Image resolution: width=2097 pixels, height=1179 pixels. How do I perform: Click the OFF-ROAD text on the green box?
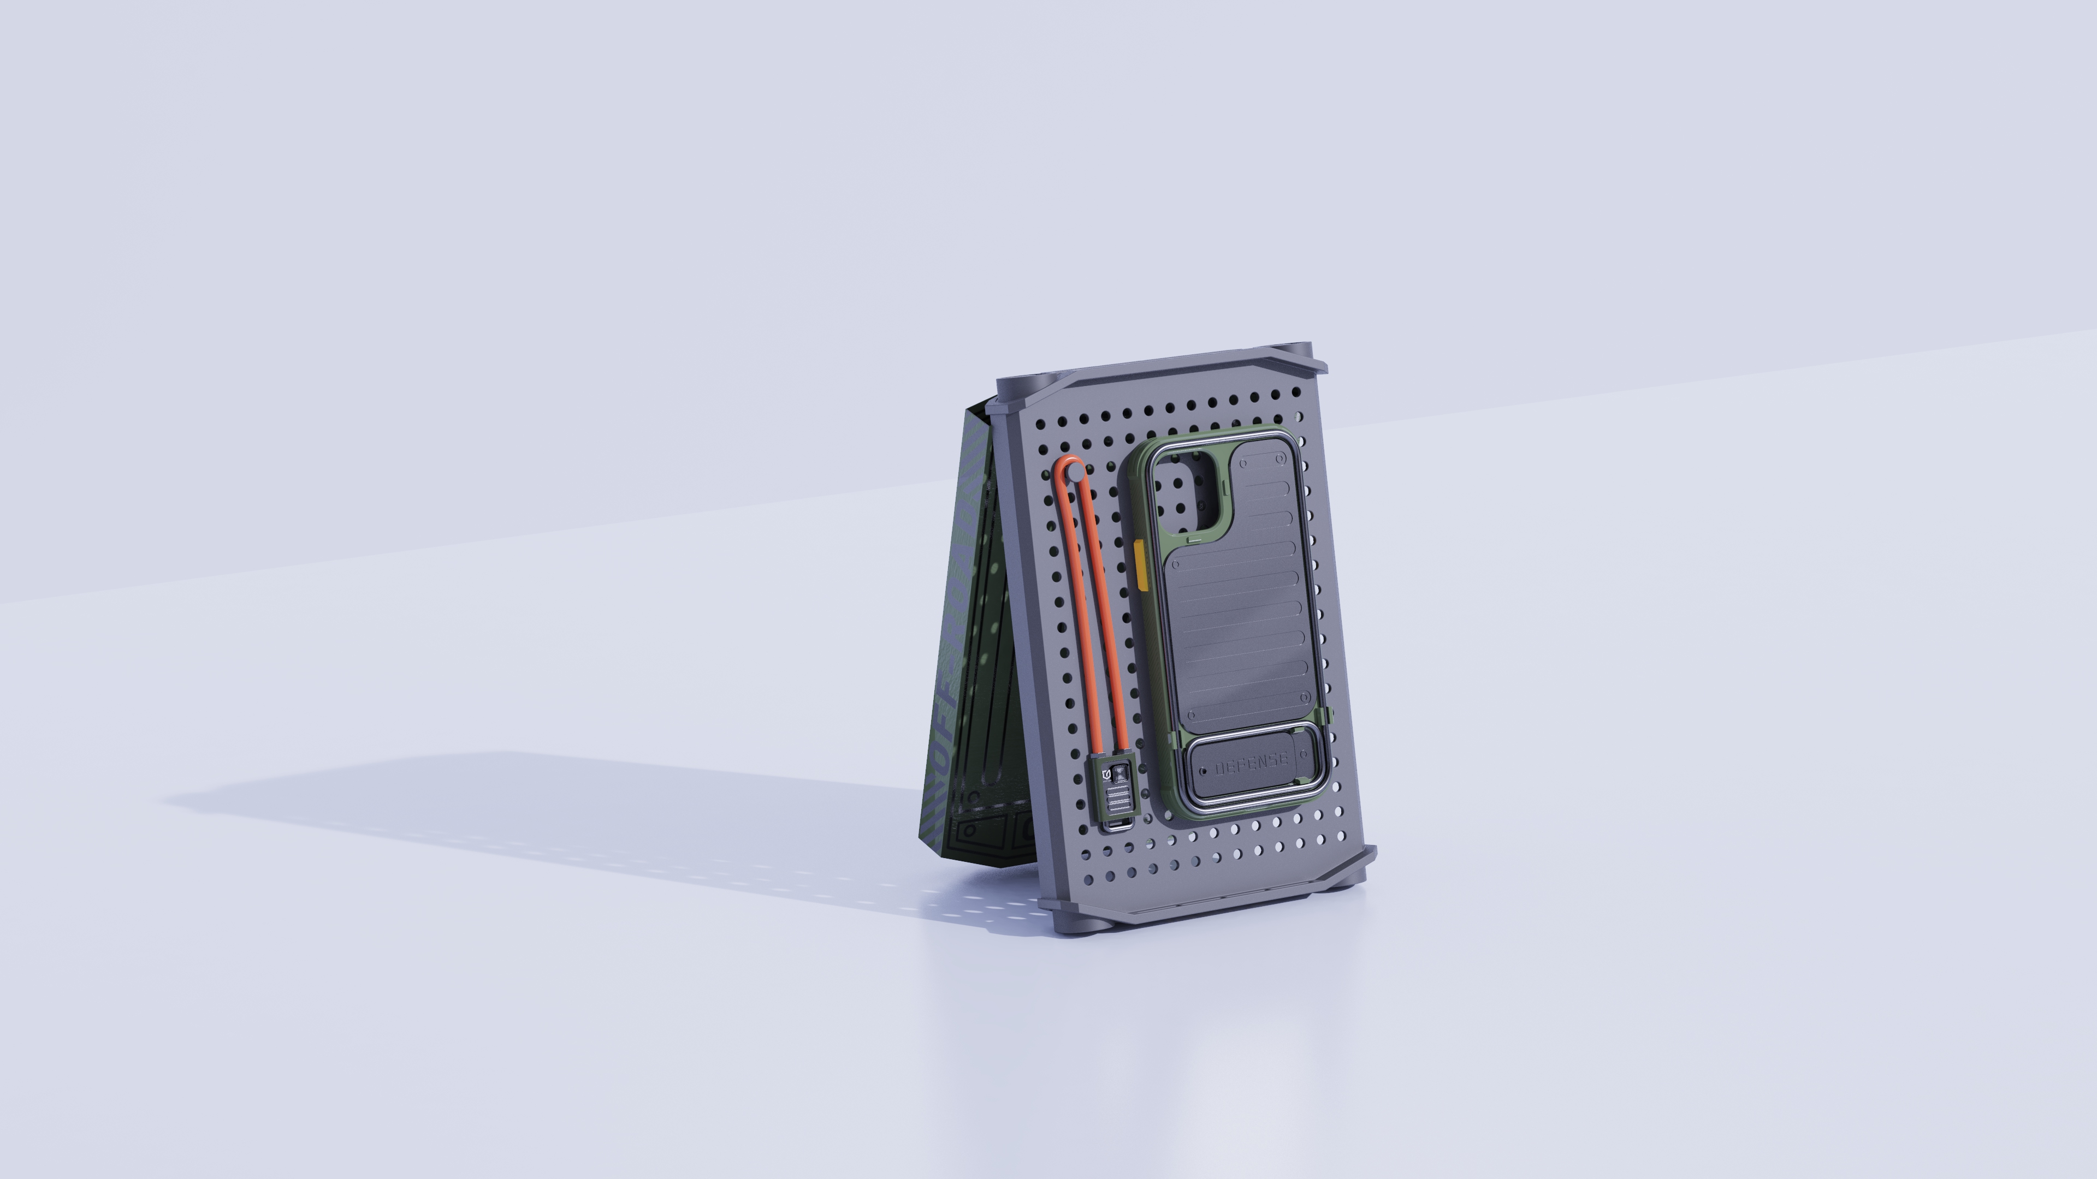tap(954, 733)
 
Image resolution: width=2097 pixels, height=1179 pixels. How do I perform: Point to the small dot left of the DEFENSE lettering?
tap(1203, 771)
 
